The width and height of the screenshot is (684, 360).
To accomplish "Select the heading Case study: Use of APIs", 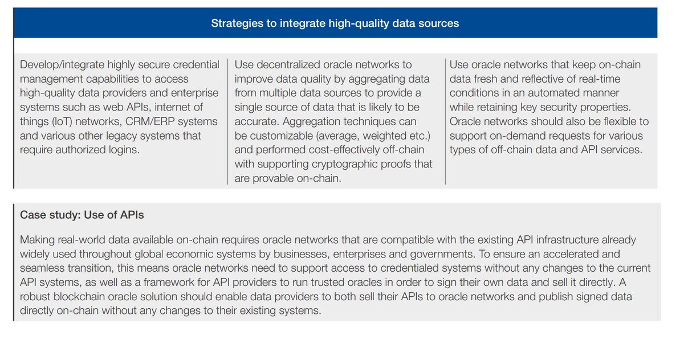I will (82, 215).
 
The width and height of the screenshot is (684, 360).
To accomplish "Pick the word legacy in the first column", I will (133, 136).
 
